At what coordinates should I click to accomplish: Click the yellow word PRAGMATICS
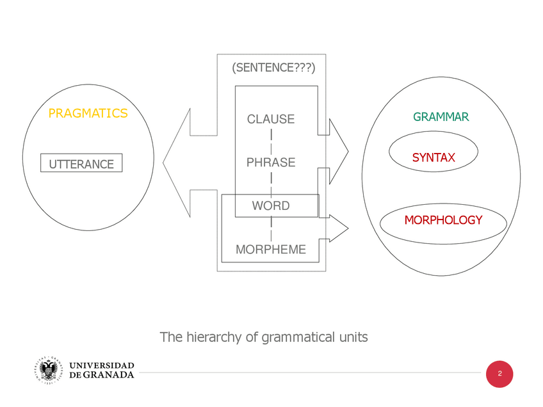[88, 113]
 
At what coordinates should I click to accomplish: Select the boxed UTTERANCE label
[81, 164]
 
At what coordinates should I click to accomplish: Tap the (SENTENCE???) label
[275, 67]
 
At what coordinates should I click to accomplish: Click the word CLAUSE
[271, 119]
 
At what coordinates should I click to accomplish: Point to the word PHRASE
[271, 163]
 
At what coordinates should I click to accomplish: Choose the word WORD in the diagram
[271, 205]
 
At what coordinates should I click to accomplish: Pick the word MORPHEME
[271, 249]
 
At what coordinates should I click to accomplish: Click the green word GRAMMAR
[441, 117]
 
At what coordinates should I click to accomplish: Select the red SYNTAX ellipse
[434, 157]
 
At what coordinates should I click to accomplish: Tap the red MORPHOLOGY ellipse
[443, 220]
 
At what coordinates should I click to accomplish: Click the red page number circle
[500, 373]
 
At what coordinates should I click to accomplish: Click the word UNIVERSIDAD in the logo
[102, 365]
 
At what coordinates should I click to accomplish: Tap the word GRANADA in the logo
[110, 375]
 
